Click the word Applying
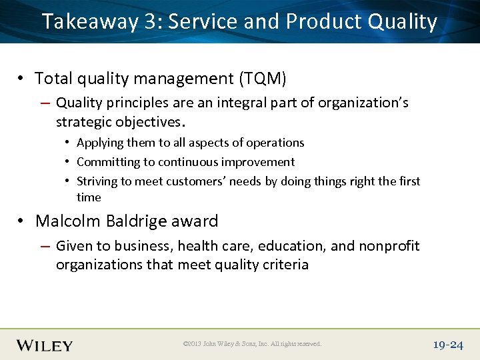coord(99,143)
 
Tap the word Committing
coord(108,162)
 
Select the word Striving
coord(98,181)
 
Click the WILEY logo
coord(44,345)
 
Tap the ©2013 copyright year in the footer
coord(194,344)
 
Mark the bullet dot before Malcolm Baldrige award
coord(23,221)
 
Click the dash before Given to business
coord(46,246)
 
